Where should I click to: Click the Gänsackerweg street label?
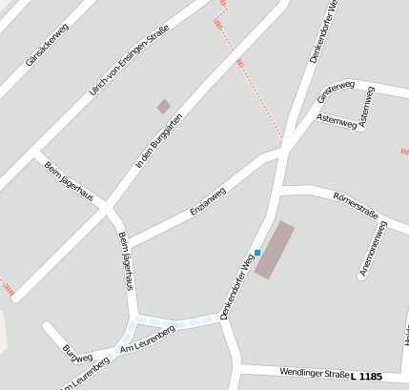[x=48, y=45]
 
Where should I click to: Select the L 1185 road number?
[x=366, y=377]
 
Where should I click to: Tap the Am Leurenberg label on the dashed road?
[x=148, y=341]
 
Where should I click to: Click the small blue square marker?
[x=257, y=253]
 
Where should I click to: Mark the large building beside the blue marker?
[x=275, y=249]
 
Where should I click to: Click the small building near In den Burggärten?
[x=163, y=107]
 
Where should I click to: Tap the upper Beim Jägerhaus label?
[x=69, y=181]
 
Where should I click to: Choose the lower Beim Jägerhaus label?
[x=126, y=259]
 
